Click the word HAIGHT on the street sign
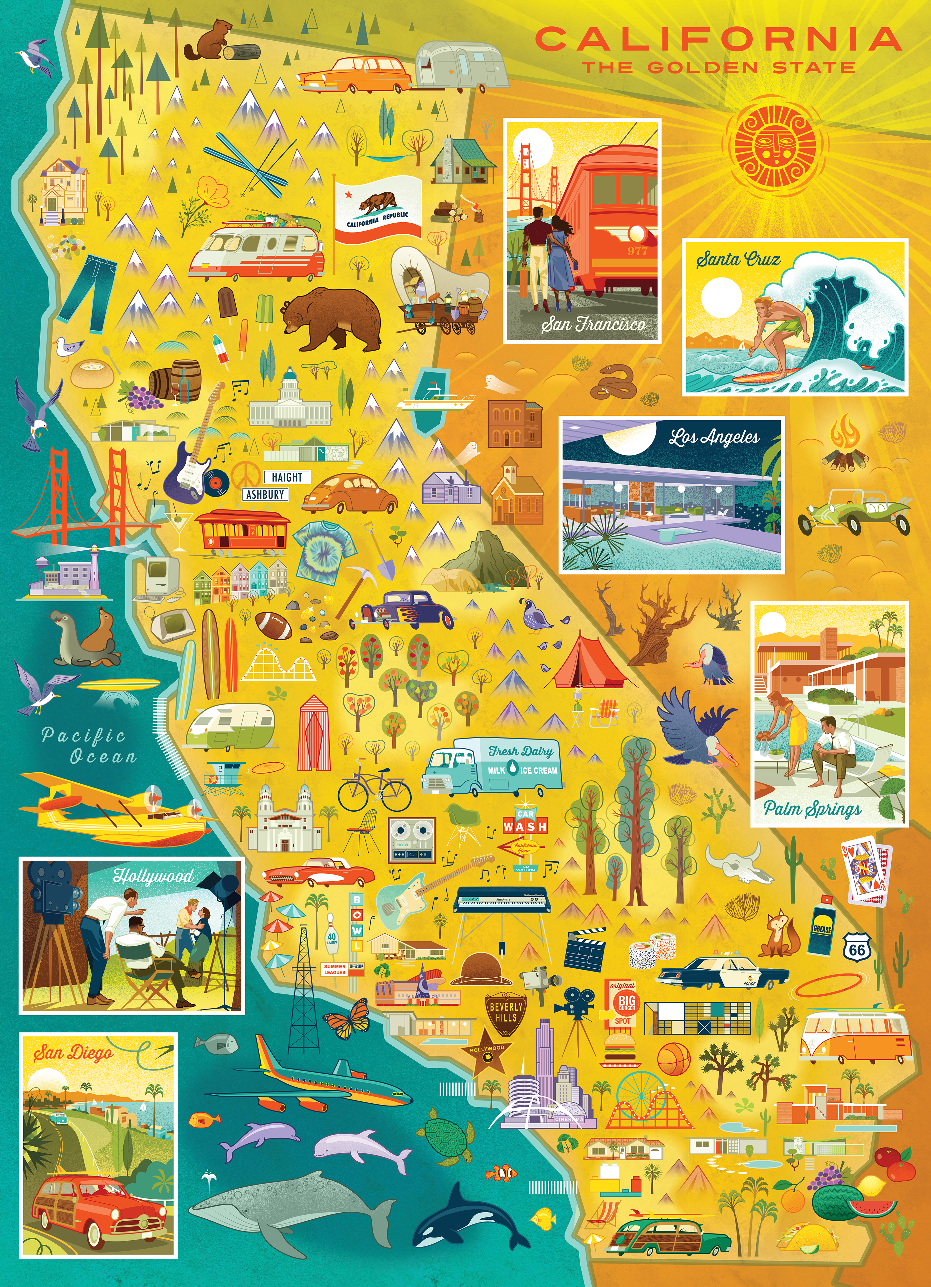click(287, 477)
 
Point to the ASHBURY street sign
click(265, 494)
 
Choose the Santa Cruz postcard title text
click(738, 260)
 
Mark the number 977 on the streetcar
click(637, 250)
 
